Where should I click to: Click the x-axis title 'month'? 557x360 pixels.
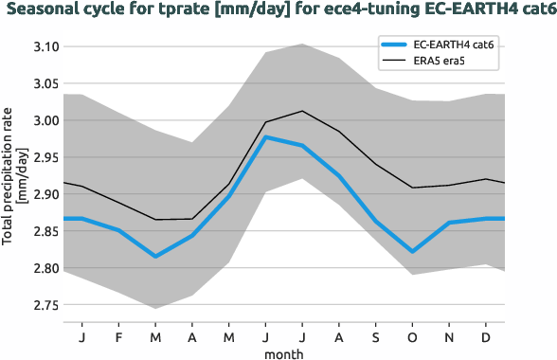point(283,352)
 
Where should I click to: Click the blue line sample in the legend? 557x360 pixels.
point(393,45)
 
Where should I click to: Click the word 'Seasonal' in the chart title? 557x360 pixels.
point(47,9)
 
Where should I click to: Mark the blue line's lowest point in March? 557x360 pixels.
point(156,256)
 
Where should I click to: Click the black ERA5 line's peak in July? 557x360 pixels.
point(301,111)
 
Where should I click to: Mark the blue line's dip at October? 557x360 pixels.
point(411,251)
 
